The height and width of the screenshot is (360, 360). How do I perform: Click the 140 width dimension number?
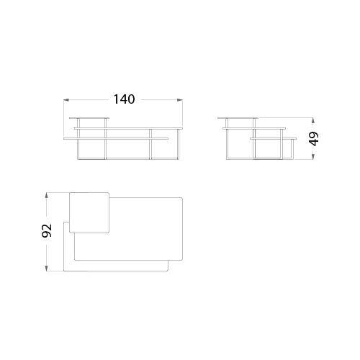coord(124,99)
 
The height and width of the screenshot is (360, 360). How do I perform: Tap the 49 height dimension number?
coord(314,139)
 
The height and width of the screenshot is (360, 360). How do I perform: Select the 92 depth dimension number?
coord(47,230)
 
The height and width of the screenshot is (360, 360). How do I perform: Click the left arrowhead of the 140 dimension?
coord(66,100)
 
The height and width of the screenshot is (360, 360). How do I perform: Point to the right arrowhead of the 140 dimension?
coord(179,100)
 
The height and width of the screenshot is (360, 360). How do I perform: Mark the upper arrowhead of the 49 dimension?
coord(312,120)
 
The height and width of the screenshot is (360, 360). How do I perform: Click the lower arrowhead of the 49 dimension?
coord(312,156)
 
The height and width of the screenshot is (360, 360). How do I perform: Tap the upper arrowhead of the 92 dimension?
coord(47,195)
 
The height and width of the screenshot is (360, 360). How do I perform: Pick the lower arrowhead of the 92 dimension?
coord(47,269)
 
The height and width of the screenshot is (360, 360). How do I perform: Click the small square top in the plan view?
coord(89,212)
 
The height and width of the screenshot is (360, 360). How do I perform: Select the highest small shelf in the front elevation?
coord(89,118)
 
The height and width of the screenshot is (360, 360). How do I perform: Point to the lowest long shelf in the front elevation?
coord(116,138)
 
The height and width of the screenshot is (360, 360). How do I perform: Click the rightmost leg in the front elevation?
coord(178,144)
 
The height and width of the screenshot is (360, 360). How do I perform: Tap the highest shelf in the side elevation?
coord(238,118)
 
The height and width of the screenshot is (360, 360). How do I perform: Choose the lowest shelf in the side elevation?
coord(273,138)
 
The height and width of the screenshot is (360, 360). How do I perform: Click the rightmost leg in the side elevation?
coord(292,149)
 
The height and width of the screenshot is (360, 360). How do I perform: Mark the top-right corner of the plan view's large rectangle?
coord(182,198)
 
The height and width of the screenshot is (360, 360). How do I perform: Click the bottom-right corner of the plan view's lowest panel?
coord(168,271)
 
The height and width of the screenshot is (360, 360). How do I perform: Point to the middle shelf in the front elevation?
coord(129,128)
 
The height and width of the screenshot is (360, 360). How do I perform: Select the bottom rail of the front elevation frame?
coord(128,158)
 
